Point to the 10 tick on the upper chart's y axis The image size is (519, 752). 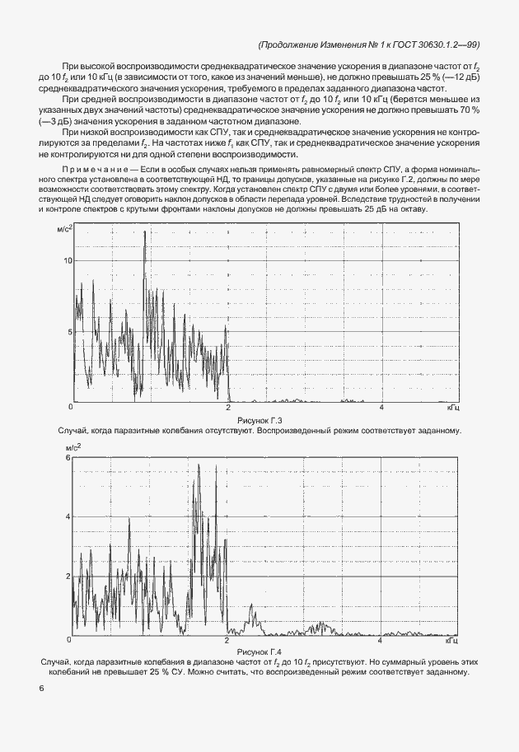(68, 260)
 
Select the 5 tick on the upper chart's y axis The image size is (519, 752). (70, 332)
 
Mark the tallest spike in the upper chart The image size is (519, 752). (145, 233)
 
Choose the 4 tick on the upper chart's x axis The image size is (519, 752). (381, 408)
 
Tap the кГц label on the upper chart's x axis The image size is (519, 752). (453, 408)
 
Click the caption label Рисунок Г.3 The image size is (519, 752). (259, 420)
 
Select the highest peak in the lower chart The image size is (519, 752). (198, 465)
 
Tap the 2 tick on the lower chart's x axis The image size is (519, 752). (228, 640)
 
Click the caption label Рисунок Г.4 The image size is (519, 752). (259, 652)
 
